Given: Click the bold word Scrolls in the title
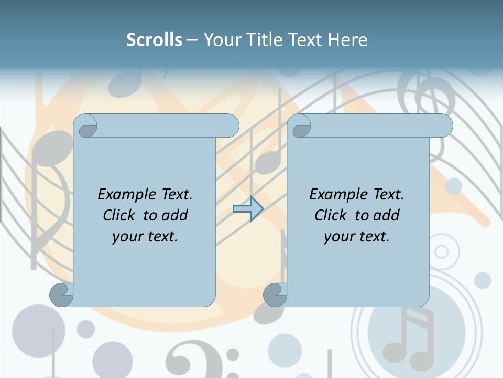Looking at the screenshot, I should click(x=154, y=39).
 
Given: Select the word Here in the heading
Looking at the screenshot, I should click(x=348, y=39).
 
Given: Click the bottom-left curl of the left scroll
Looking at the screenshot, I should click(x=62, y=295).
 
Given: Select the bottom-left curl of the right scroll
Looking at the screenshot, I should click(x=275, y=295).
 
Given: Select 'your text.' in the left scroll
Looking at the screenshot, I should click(x=145, y=236).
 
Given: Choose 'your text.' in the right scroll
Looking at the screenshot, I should click(x=357, y=236).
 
